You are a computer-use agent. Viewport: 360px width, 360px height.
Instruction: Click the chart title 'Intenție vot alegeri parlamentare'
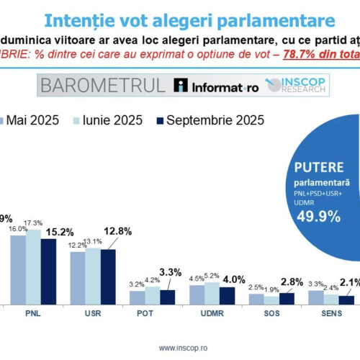point(179,20)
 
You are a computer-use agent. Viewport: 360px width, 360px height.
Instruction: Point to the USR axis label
point(91,314)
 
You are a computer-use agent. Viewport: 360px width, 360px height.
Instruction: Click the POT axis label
point(151,314)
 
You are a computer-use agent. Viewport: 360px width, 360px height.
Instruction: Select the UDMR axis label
point(212,314)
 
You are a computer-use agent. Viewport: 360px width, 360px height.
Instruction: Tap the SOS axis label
point(271,314)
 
